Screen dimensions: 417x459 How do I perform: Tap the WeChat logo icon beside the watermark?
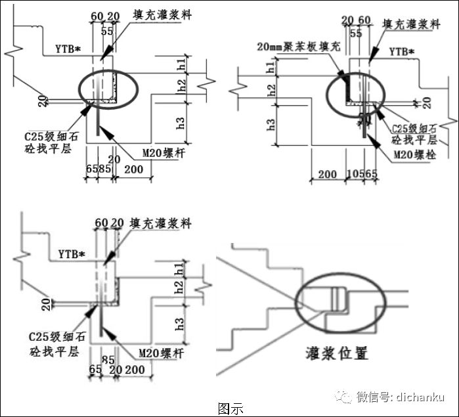point(343,397)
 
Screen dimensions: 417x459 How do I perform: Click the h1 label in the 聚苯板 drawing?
point(271,66)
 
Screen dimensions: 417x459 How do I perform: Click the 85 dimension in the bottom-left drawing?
point(109,359)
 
